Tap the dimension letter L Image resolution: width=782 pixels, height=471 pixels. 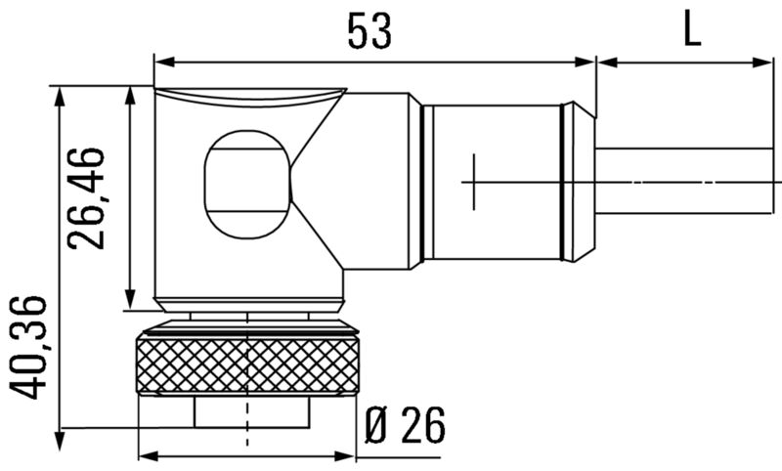[691, 30]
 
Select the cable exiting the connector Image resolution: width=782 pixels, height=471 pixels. [684, 182]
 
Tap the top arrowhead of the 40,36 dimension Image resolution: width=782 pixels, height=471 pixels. [61, 92]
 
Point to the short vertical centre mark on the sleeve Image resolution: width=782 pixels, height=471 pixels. [474, 182]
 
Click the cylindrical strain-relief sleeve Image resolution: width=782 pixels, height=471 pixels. [494, 182]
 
